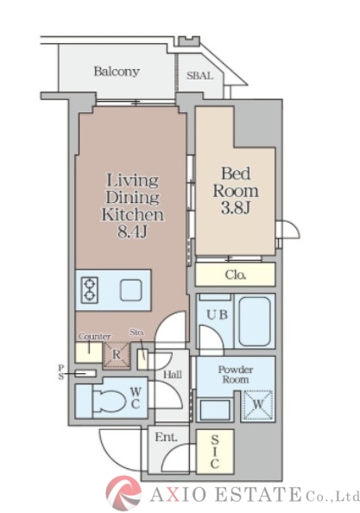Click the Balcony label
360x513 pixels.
click(117, 72)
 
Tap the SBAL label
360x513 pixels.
click(199, 76)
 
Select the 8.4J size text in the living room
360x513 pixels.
click(132, 232)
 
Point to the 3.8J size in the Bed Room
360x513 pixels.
click(236, 207)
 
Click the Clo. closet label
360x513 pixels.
click(236, 275)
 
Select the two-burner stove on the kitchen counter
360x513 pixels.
click(89, 290)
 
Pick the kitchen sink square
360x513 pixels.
click(130, 290)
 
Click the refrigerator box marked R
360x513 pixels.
click(117, 356)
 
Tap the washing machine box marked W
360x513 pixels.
click(258, 405)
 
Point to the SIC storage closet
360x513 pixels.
click(215, 452)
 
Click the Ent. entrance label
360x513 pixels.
click(166, 437)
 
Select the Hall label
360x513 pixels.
click(173, 375)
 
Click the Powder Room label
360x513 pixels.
click(236, 375)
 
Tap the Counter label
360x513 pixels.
click(94, 337)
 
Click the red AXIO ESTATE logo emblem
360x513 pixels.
click(123, 493)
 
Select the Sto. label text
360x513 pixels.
click(136, 332)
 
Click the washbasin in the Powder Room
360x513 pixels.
click(215, 409)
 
